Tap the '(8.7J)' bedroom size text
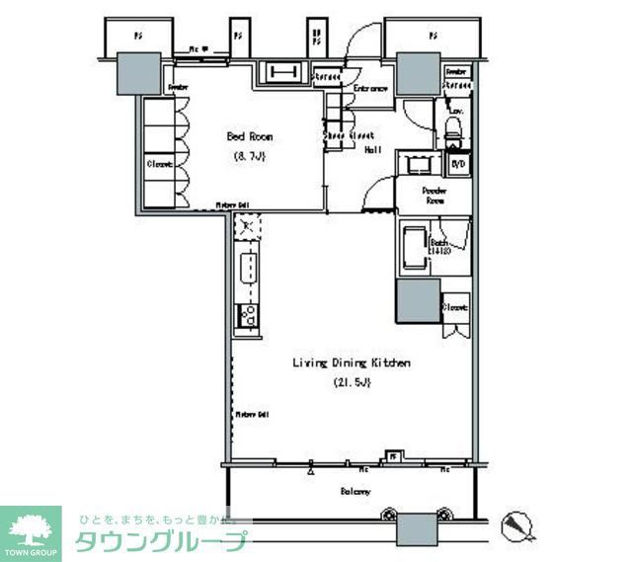[251, 156]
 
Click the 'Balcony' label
[355, 491]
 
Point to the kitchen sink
[249, 268]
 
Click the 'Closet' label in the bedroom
[159, 164]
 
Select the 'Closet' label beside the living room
[454, 307]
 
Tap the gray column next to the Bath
[418, 300]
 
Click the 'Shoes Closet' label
[350, 135]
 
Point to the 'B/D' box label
[457, 164]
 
